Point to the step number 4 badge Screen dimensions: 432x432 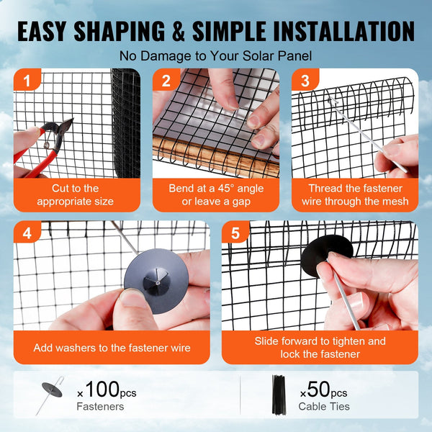(27, 235)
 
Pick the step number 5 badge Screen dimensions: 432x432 (236, 235)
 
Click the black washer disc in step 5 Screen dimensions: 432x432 (326, 252)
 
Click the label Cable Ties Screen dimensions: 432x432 (325, 407)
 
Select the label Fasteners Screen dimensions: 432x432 (100, 407)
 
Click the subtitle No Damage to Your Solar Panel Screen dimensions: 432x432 (216, 55)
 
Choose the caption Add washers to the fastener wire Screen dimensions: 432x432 (112, 348)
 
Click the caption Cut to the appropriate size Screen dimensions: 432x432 (76, 194)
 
